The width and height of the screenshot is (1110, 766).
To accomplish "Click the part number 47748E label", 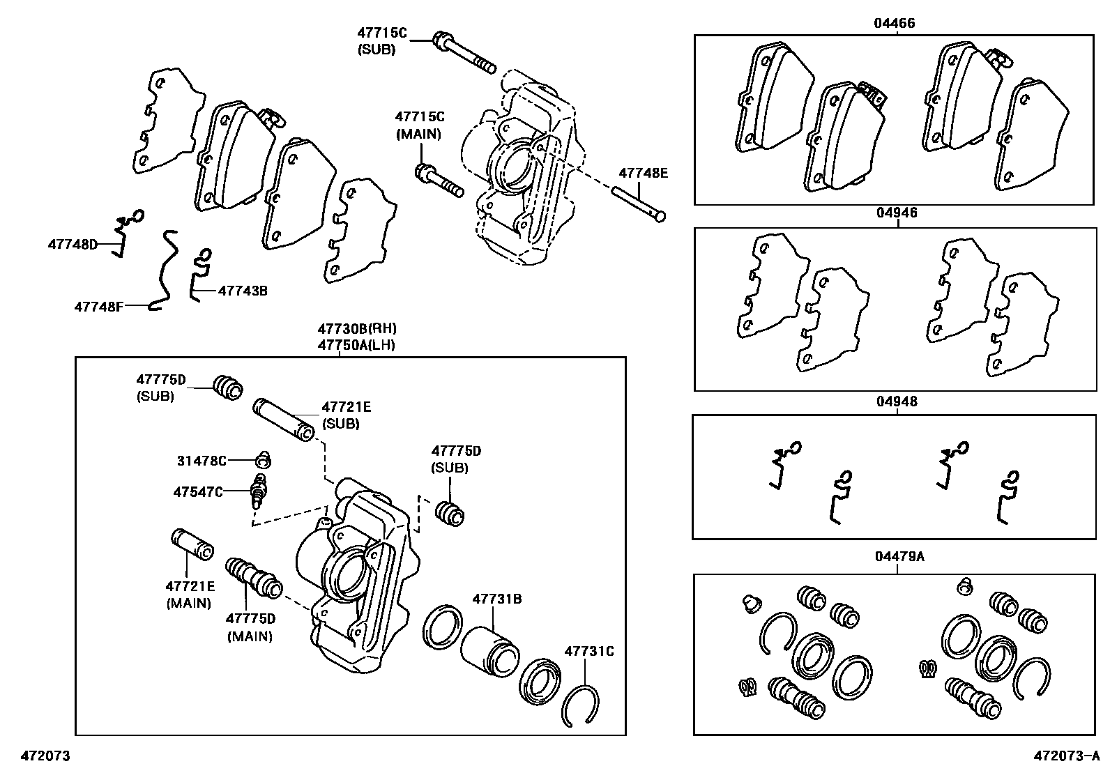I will (643, 173).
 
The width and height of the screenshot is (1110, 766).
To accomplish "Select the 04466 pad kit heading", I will (895, 23).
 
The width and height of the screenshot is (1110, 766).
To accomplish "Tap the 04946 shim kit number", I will (896, 213).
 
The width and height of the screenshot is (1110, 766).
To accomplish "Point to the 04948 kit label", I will (896, 401).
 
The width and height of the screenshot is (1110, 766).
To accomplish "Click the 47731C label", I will (589, 652).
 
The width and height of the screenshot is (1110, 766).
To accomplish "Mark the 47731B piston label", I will (497, 599).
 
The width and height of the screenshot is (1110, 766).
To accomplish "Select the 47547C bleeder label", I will (198, 492).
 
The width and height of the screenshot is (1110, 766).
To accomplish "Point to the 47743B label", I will (243, 290).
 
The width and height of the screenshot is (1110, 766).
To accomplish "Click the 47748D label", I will (73, 244).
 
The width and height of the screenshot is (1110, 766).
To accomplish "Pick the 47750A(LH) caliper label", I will (356, 344).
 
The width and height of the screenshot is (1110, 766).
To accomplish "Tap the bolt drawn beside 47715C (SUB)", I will (463, 52).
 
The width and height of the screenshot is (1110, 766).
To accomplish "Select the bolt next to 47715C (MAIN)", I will (439, 181).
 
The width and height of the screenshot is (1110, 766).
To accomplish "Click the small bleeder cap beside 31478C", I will (263, 460).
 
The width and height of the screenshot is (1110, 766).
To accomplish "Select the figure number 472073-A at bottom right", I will (1066, 756).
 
